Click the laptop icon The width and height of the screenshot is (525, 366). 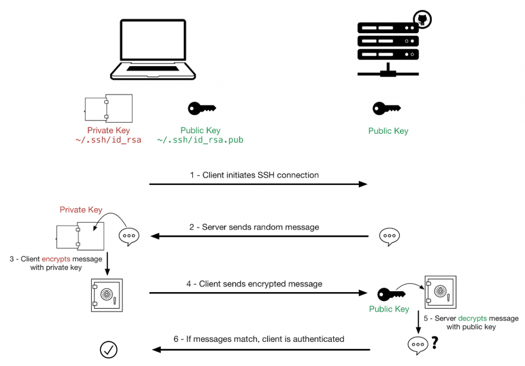tap(152, 50)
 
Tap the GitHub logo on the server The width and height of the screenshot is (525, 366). tap(423, 20)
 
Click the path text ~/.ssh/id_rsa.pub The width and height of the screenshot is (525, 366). tap(200, 139)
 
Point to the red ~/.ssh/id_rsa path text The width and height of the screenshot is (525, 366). tap(108, 139)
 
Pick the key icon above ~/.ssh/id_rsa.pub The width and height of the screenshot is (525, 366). tap(201, 109)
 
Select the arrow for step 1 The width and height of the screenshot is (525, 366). tap(258, 184)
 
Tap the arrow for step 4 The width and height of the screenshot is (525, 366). tap(258, 293)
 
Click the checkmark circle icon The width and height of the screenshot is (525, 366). tap(108, 350)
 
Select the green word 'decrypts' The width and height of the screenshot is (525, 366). tap(472, 318)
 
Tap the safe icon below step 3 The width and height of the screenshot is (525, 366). tap(107, 295)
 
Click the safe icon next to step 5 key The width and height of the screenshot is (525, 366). tap(440, 292)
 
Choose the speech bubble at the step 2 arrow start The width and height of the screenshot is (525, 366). tap(389, 236)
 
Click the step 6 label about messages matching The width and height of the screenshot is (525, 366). tap(258, 339)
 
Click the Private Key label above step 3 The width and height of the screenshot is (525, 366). tap(81, 210)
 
